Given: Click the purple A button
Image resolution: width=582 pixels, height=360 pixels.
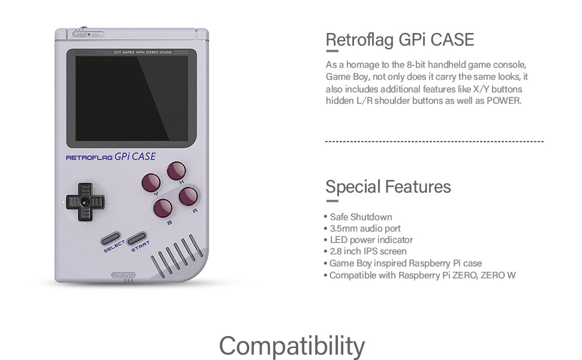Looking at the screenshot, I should [188, 196].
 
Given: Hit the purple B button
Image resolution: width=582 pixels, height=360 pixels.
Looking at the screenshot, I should [163, 208].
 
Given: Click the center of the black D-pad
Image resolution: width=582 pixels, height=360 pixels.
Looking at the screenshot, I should [85, 202].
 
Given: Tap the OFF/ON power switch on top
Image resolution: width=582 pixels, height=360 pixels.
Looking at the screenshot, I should [88, 34].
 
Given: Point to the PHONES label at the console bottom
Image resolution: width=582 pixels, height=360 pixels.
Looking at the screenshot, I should [124, 275].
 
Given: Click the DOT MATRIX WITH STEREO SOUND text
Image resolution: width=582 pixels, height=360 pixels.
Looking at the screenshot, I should [143, 53].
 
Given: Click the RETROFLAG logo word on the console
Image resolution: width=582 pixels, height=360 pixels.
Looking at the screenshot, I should [89, 158].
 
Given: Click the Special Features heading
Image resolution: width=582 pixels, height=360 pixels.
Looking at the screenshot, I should [388, 187].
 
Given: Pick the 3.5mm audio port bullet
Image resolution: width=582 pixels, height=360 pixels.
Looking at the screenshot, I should [365, 229].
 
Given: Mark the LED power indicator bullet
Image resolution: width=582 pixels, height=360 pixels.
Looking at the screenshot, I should [371, 240].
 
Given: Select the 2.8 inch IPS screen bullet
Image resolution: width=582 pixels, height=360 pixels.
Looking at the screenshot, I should [368, 251].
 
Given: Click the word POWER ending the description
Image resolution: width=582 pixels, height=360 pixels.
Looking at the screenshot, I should [503, 101].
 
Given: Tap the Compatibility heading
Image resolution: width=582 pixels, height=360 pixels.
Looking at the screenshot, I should [292, 346].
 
